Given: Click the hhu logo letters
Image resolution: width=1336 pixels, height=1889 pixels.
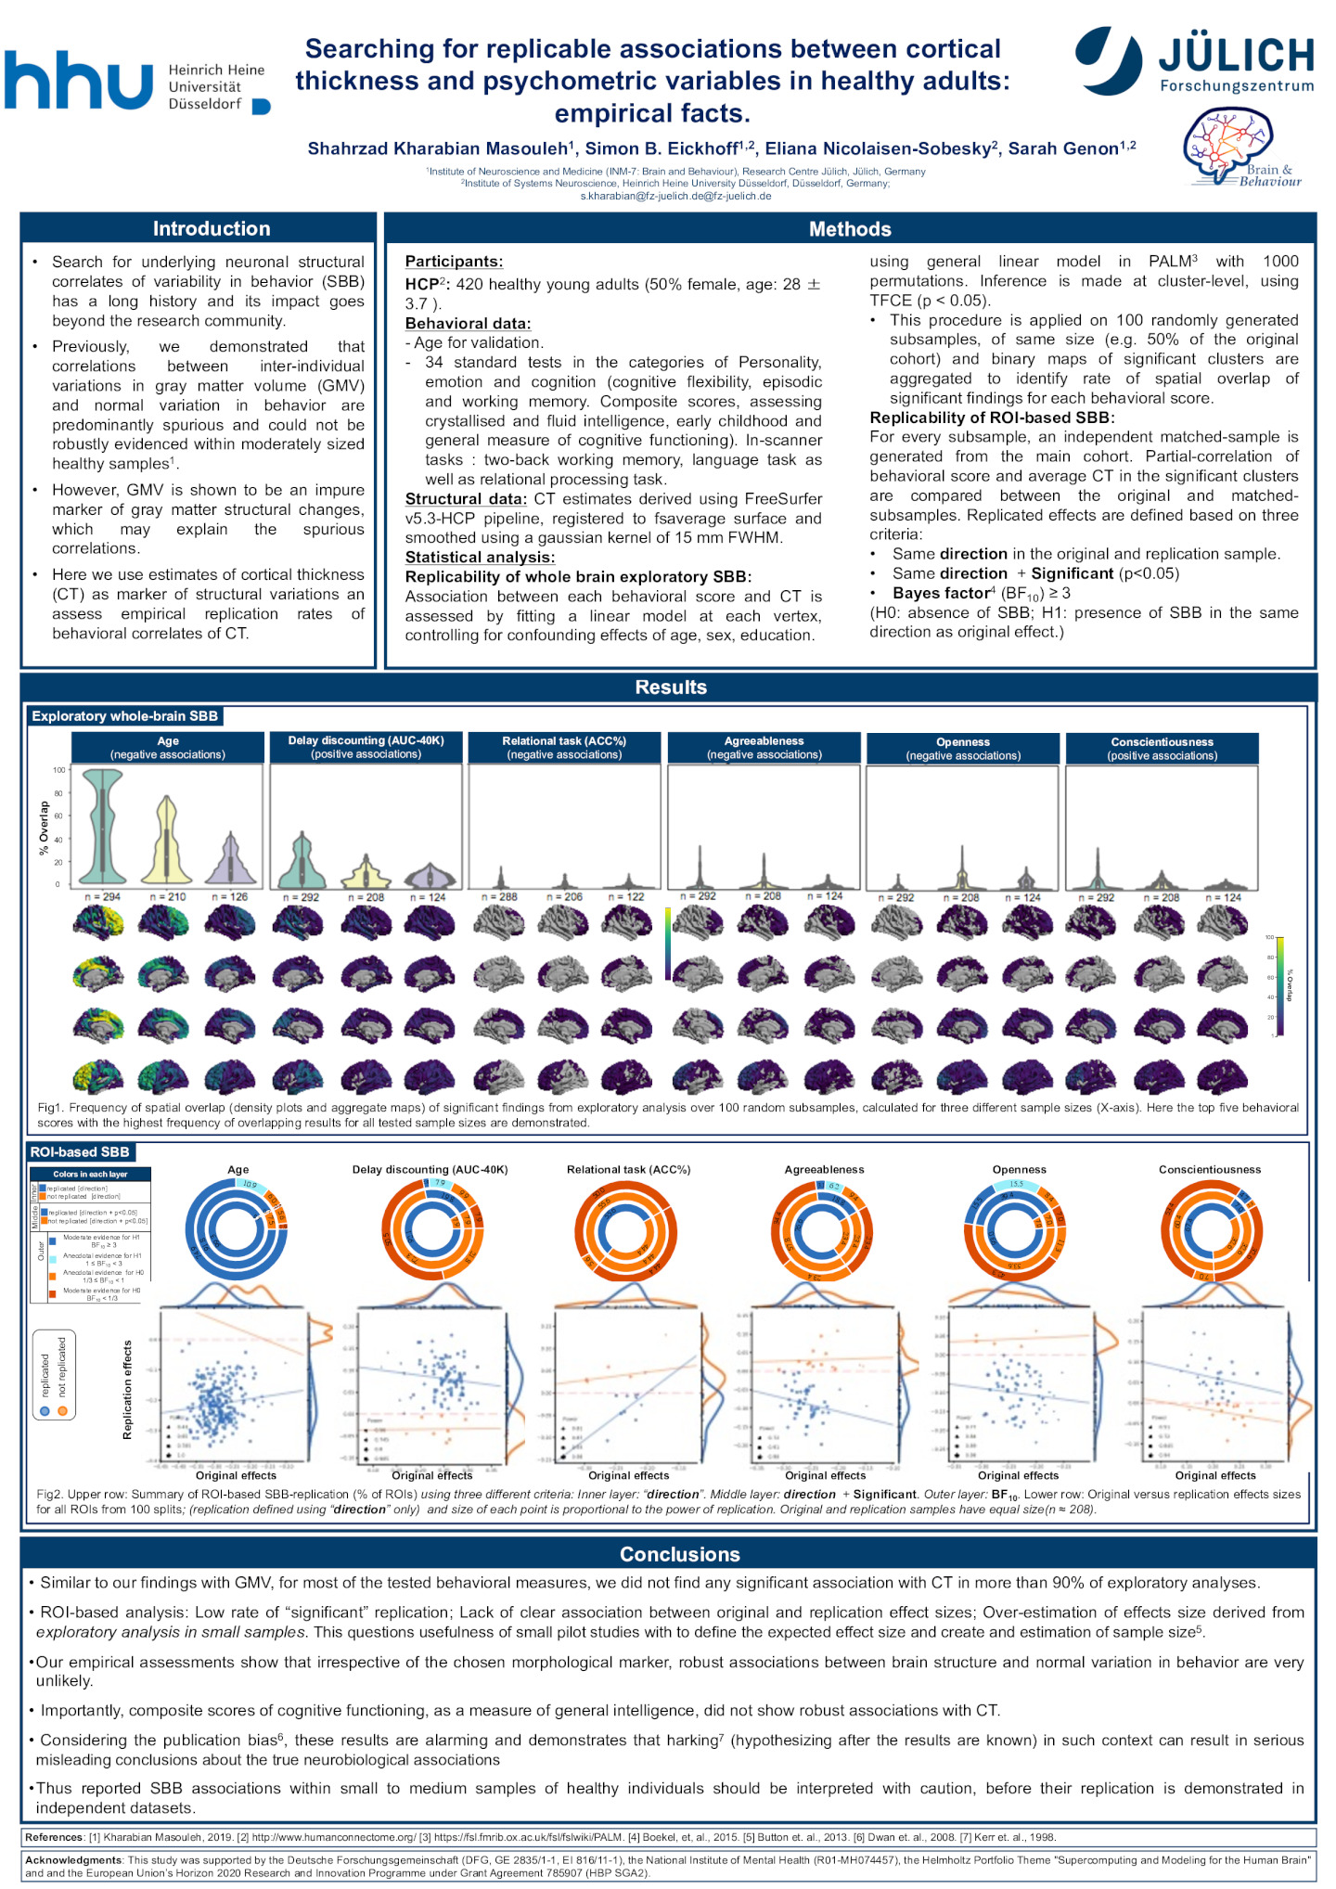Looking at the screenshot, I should click(x=78, y=80).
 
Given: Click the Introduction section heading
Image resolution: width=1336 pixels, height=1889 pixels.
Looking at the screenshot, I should click(x=212, y=228).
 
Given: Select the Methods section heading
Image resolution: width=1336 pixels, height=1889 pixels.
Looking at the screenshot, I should click(x=850, y=229).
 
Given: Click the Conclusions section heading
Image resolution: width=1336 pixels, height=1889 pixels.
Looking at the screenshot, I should click(x=679, y=1554).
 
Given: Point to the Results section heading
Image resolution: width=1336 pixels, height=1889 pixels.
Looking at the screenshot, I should click(x=671, y=687).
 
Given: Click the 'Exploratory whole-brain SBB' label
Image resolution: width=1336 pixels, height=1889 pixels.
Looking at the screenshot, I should click(x=124, y=716).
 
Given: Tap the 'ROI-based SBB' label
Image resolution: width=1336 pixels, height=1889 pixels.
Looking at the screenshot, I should click(x=80, y=1152).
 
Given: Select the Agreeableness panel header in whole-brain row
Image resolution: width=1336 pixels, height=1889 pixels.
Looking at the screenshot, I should click(x=764, y=748).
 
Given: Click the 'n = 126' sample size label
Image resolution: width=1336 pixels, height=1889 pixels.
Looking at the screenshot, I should click(x=230, y=897).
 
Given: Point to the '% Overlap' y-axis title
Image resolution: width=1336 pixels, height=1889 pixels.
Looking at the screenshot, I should click(x=44, y=829).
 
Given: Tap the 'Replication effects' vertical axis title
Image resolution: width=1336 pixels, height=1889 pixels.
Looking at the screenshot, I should click(x=127, y=1390).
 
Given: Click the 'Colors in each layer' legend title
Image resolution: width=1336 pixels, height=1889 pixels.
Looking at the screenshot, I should click(x=90, y=1175).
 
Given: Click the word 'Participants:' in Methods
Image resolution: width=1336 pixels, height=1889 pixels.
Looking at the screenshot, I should click(x=455, y=262).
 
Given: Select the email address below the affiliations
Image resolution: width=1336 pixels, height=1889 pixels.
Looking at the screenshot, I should click(x=675, y=196).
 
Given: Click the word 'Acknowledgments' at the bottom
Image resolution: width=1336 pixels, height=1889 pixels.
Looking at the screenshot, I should click(x=73, y=1860).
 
